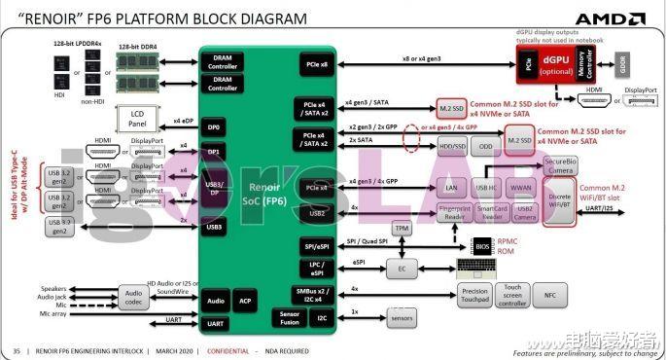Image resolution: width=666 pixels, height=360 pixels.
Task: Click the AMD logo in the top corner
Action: click(609, 18)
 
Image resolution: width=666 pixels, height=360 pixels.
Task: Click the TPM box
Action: click(402, 228)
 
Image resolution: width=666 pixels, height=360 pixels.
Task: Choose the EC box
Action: click(402, 267)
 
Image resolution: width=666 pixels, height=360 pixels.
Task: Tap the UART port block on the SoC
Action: click(216, 323)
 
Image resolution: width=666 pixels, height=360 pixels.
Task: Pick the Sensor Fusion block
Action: click(289, 318)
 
